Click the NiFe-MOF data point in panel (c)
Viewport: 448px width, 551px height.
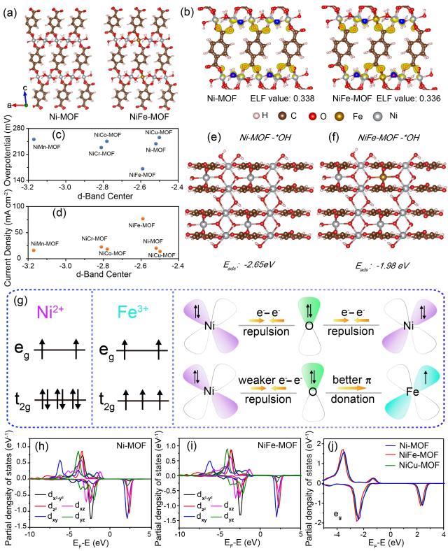pos(143,169)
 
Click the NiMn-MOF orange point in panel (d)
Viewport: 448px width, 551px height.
pos(34,250)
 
